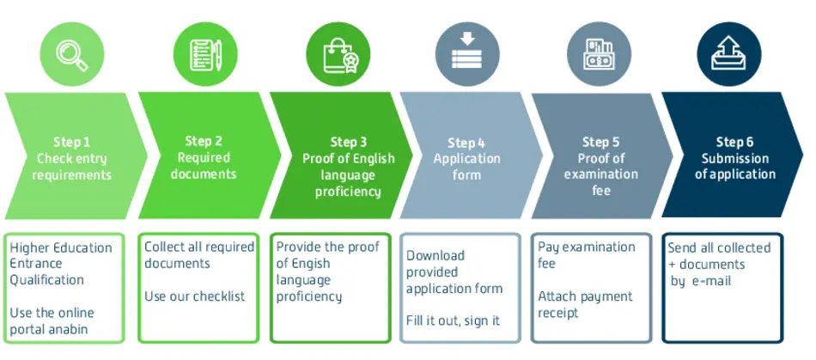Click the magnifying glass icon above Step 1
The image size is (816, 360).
pos(71,51)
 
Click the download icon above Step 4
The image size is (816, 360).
pos(467,52)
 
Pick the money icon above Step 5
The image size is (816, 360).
pos(600,52)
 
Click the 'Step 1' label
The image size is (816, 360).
pos(72,142)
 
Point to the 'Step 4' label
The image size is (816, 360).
pos(466,143)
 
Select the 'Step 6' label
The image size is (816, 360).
pos(734,142)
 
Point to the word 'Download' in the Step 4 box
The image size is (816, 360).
pos(435,255)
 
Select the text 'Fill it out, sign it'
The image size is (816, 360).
pos(454,320)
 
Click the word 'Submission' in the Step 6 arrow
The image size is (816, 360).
pos(734,158)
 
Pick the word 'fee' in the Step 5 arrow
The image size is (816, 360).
pos(600,190)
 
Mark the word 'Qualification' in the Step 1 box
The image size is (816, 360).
pos(47,280)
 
